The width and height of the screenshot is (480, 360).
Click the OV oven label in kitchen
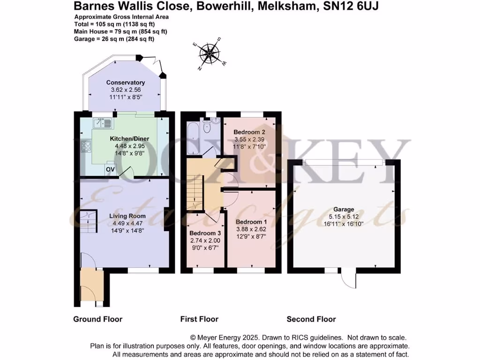pyautogui.click(x=110, y=169)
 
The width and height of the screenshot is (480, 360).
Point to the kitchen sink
pyautogui.click(x=103, y=124)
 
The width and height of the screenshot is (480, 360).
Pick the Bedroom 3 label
pyautogui.click(x=205, y=233)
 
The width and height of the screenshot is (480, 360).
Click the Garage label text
pyautogui.click(x=344, y=210)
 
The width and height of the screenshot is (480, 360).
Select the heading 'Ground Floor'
pyautogui.click(x=97, y=319)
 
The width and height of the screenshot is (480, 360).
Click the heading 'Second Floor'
pyautogui.click(x=311, y=319)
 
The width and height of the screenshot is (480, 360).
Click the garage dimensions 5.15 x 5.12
pyautogui.click(x=344, y=217)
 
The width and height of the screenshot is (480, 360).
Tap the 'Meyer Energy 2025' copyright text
pyautogui.click(x=229, y=337)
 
